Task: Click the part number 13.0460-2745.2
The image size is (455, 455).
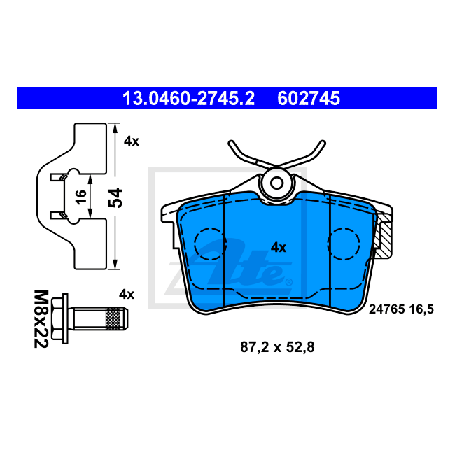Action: pyautogui.click(x=188, y=99)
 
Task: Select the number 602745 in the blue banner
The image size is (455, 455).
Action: pyautogui.click(x=309, y=99)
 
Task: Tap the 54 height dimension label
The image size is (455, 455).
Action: pyautogui.click(x=115, y=197)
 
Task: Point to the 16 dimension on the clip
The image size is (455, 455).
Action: pyautogui.click(x=81, y=197)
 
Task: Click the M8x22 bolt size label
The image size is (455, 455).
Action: pyautogui.click(x=41, y=319)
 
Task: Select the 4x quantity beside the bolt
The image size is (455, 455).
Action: pyautogui.click(x=127, y=295)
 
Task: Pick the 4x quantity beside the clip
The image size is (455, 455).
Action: pyautogui.click(x=132, y=141)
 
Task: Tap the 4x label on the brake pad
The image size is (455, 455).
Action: pyautogui.click(x=279, y=248)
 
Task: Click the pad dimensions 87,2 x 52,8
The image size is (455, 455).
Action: pyautogui.click(x=277, y=347)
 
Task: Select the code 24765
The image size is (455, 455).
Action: pyautogui.click(x=387, y=309)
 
